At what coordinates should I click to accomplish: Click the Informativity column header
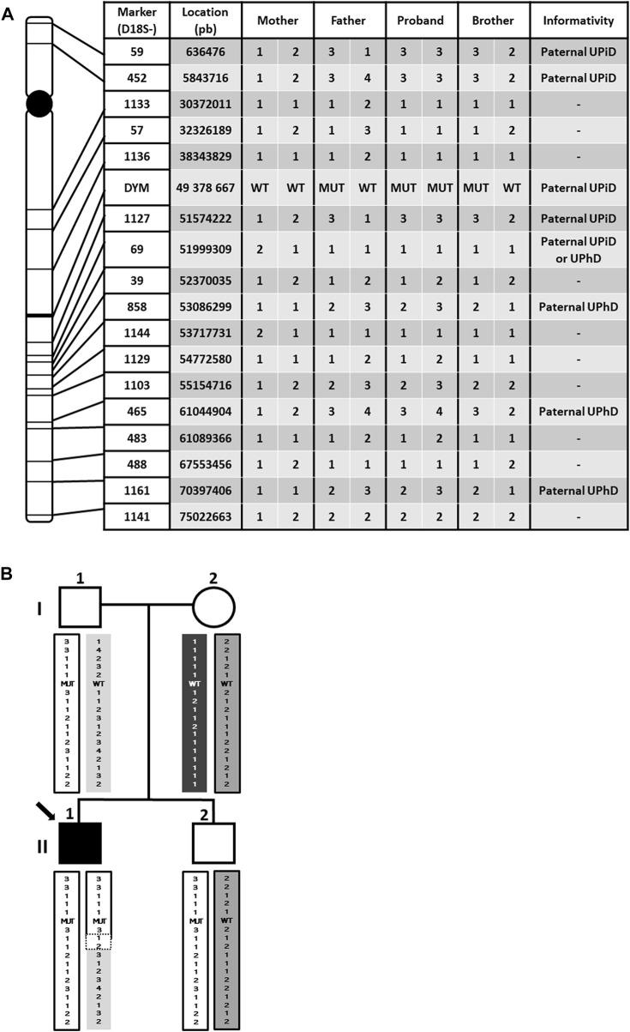click(579, 20)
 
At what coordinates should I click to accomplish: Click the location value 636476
click(205, 52)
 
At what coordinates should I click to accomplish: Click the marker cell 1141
click(136, 516)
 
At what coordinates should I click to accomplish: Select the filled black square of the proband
click(81, 843)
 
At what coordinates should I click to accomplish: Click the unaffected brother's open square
click(213, 843)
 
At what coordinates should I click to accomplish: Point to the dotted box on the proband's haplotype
click(99, 942)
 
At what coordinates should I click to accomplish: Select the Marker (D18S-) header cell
click(136, 20)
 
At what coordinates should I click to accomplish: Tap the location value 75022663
click(205, 516)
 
